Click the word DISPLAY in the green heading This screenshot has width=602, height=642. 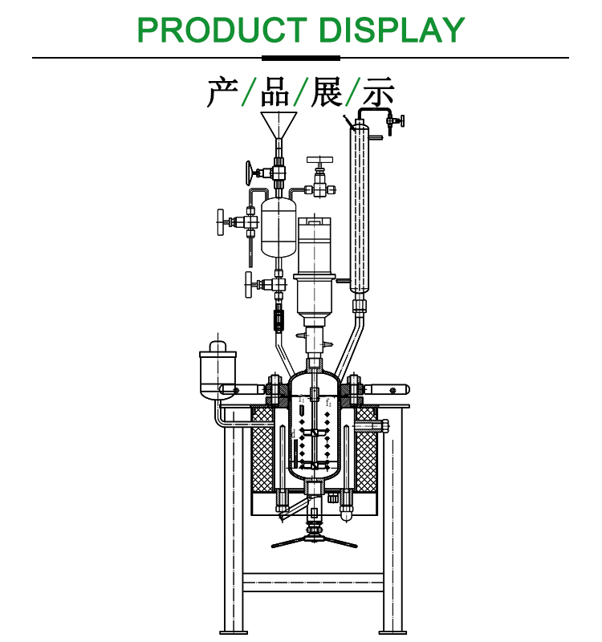[392, 30]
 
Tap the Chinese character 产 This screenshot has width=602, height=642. [222, 93]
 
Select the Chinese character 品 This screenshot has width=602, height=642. [275, 93]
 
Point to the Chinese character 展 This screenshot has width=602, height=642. [327, 93]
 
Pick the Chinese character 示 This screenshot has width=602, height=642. [377, 93]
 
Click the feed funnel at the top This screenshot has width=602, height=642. [279, 124]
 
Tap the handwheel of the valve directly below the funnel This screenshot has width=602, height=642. [251, 171]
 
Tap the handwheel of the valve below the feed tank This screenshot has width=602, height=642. [250, 283]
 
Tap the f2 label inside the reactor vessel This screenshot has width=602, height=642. [328, 402]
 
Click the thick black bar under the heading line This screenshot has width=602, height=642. [301, 58]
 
